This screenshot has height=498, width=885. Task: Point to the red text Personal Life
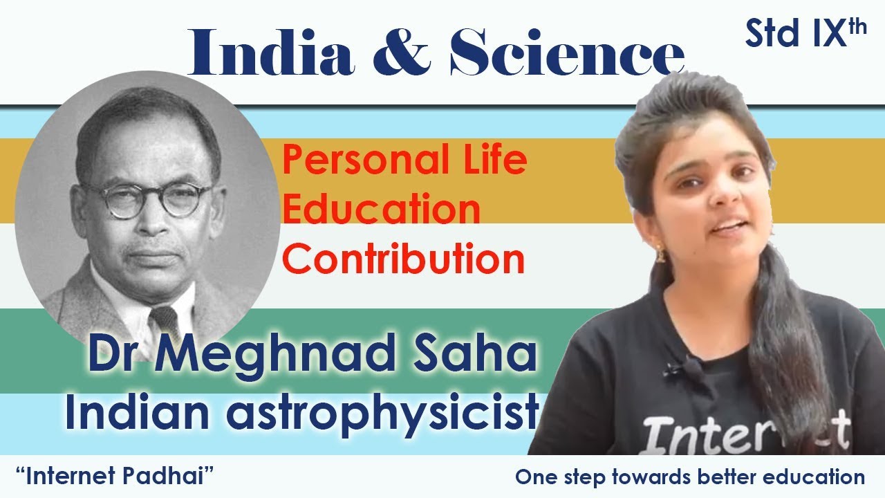(x=404, y=161)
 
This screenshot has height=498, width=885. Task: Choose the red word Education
(x=381, y=210)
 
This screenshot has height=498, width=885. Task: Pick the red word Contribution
(x=404, y=259)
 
